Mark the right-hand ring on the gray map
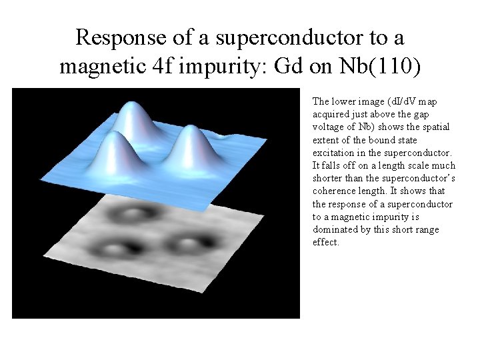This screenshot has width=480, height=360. click(x=189, y=241)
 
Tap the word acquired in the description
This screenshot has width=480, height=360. click(x=331, y=114)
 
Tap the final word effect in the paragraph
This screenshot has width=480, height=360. click(x=325, y=242)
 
